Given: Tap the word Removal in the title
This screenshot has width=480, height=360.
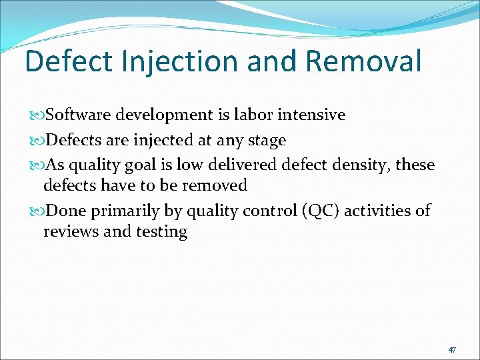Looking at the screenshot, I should (363, 61).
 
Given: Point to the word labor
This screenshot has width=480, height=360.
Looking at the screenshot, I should (253, 115).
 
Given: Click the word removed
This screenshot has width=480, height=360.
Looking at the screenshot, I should (215, 185).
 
